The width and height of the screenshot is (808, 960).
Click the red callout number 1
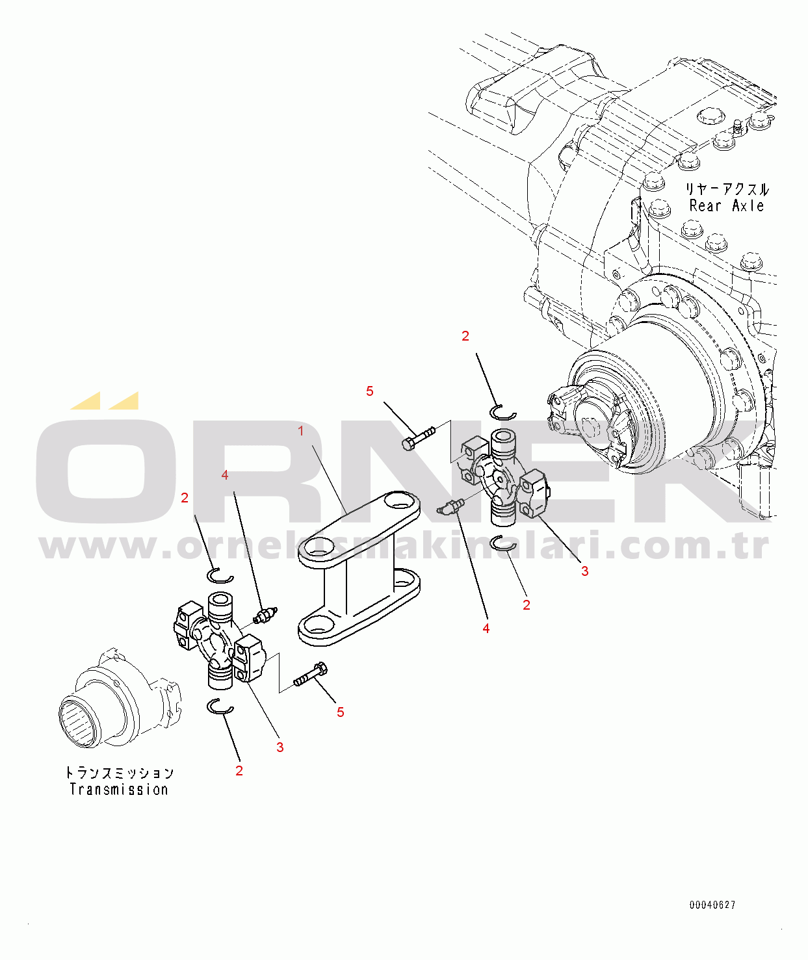pyautogui.click(x=301, y=432)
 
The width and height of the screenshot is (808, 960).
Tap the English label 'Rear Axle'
pyautogui.click(x=726, y=205)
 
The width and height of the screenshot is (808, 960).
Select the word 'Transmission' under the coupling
pyautogui.click(x=119, y=790)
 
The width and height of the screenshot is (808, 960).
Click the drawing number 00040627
pyautogui.click(x=712, y=905)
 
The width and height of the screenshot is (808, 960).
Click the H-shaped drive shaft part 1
pyautogui.click(x=359, y=569)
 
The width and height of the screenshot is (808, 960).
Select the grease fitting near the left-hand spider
pyautogui.click(x=265, y=615)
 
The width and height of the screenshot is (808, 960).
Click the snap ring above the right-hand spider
pyautogui.click(x=503, y=413)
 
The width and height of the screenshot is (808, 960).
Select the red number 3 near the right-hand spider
pyautogui.click(x=584, y=571)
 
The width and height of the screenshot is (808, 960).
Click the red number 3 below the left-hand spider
pyautogui.click(x=280, y=747)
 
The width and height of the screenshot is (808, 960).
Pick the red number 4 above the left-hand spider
pyautogui.click(x=224, y=475)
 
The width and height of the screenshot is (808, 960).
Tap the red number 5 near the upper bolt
pyautogui.click(x=370, y=391)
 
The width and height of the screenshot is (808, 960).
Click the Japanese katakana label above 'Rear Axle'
pyautogui.click(x=727, y=189)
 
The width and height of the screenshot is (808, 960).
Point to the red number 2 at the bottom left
pyautogui.click(x=239, y=771)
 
